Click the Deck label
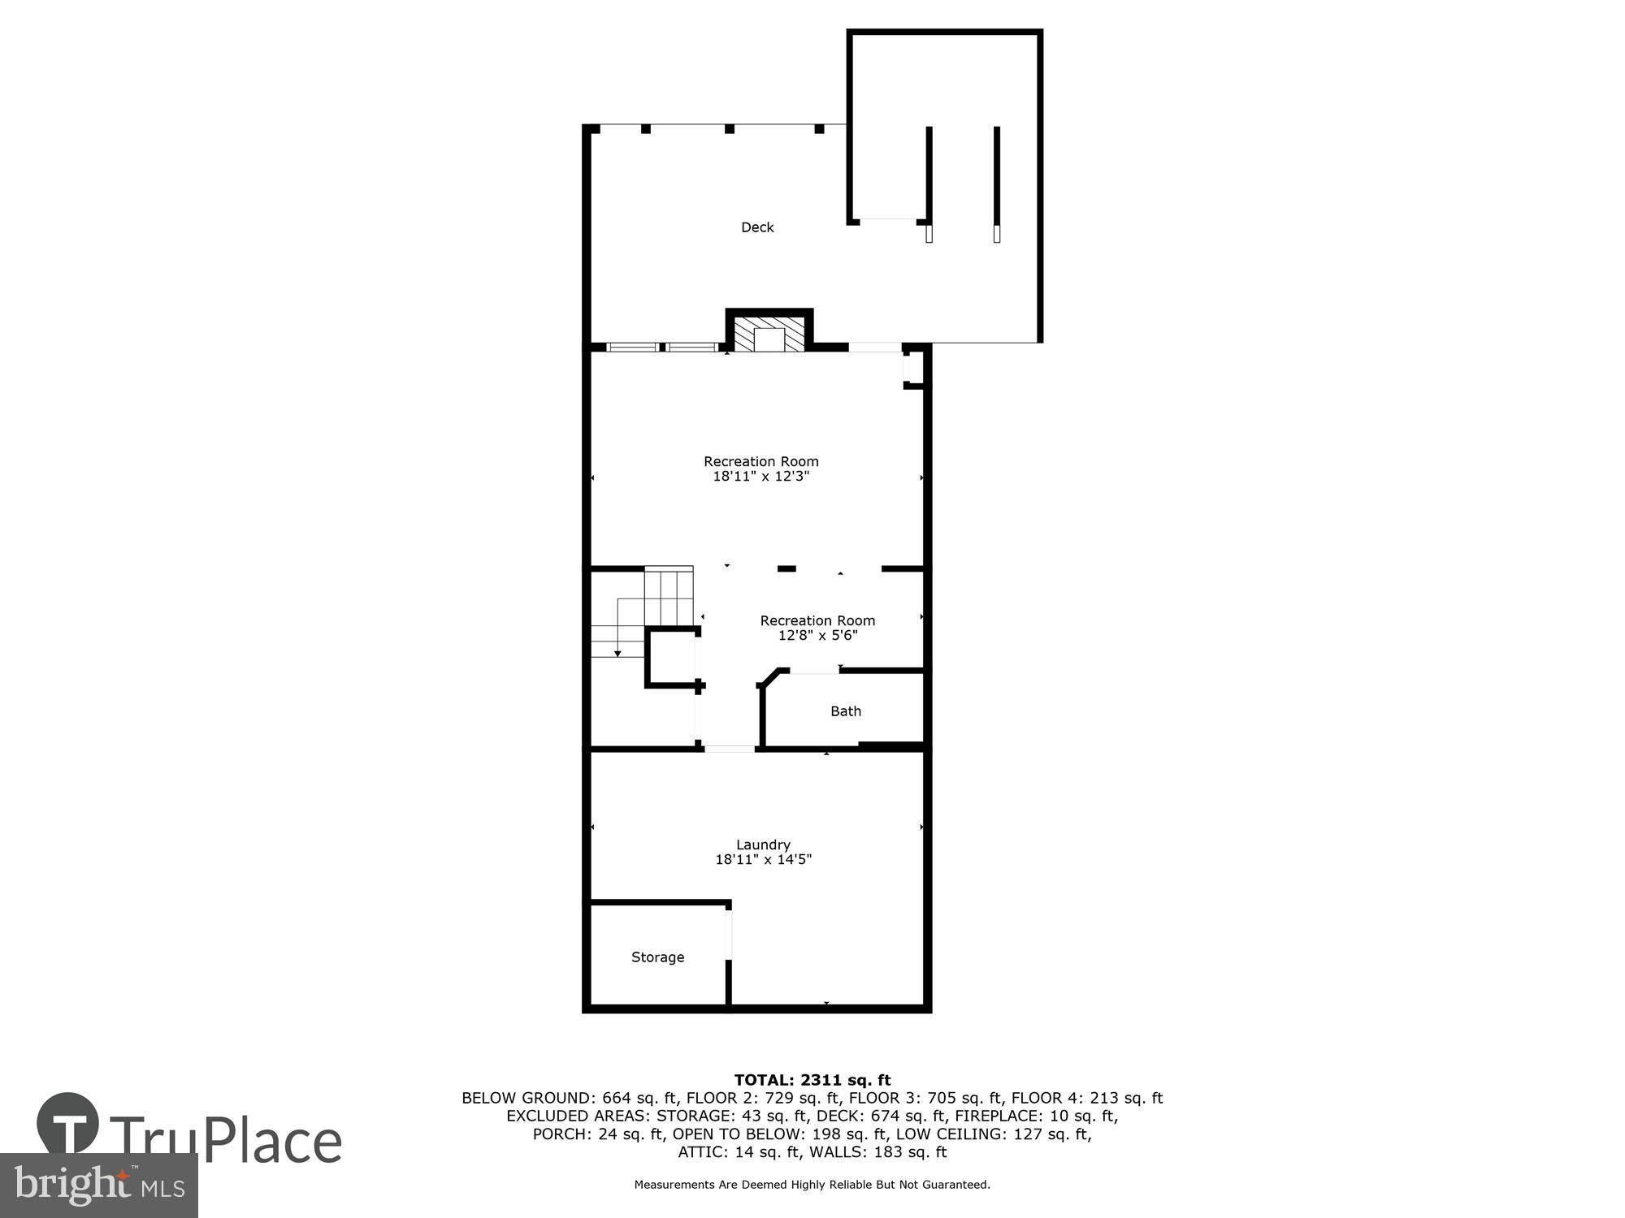coord(757,228)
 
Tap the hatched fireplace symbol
coord(769,334)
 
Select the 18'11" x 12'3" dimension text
coord(760,477)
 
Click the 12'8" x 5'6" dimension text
coord(817,636)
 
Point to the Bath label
coord(845,711)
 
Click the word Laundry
coord(763,844)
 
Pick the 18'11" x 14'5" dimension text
coord(763,860)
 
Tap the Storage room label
coord(657,957)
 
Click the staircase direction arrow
coord(617,652)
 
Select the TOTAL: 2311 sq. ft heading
coord(812,1080)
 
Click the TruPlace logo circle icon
coord(68,1125)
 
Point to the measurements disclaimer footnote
coord(812,1185)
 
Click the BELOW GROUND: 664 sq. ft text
coord(570,1098)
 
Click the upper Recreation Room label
coord(760,461)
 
